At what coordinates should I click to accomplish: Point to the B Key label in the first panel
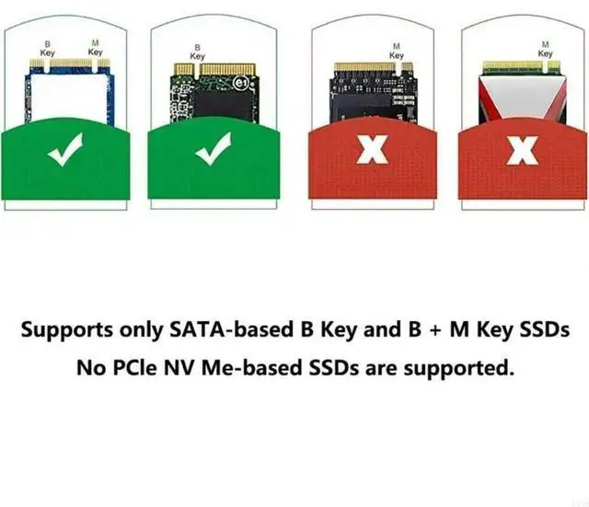pos(49,48)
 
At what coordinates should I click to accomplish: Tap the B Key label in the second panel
pos(197,52)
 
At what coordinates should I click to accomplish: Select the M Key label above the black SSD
pos(397,52)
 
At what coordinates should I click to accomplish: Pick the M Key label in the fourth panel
pos(545,50)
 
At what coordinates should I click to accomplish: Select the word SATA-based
pos(216,329)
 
